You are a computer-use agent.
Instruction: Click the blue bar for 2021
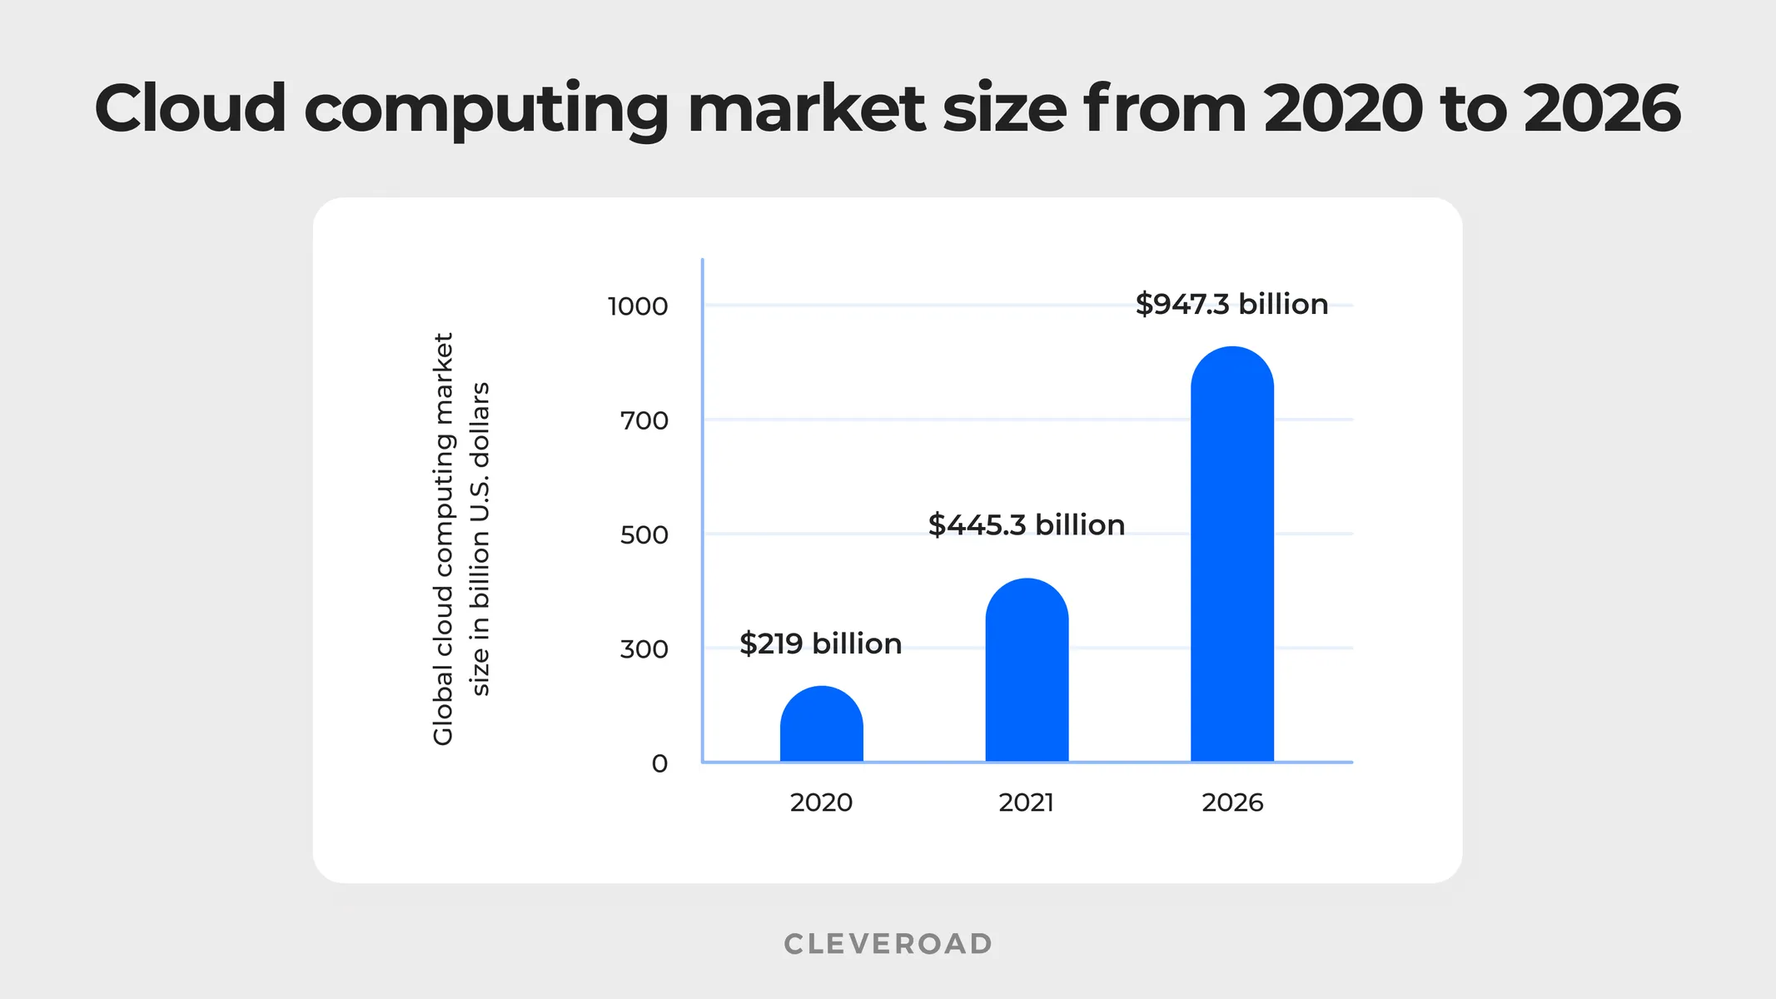click(x=1027, y=671)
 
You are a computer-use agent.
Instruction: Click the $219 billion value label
click(x=820, y=644)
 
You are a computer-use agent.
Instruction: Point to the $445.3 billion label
click(x=1026, y=525)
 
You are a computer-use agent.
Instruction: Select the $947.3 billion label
click(x=1231, y=304)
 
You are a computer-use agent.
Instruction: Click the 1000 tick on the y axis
click(x=638, y=306)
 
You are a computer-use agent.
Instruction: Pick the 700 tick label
click(x=644, y=420)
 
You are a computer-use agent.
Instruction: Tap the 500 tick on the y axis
click(x=644, y=534)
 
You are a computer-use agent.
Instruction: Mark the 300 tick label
click(x=644, y=649)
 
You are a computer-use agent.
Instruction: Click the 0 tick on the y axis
click(x=659, y=763)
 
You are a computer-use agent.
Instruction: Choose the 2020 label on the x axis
click(x=821, y=803)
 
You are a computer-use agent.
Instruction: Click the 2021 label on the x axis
click(x=1026, y=803)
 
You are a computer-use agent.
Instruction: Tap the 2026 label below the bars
click(x=1232, y=803)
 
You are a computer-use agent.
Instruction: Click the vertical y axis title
click(x=460, y=539)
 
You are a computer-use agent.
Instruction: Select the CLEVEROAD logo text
click(x=888, y=943)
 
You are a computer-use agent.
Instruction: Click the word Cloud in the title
click(x=191, y=108)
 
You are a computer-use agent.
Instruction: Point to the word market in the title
click(x=806, y=108)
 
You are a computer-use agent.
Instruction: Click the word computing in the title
click(x=486, y=110)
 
